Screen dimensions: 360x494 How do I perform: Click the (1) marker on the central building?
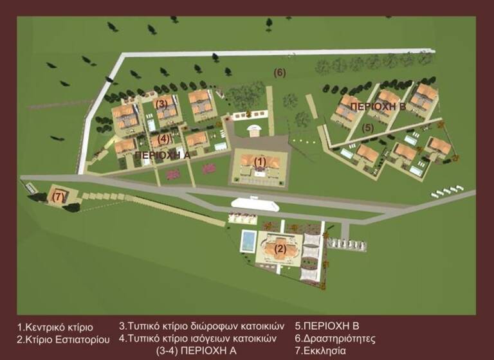[259, 161]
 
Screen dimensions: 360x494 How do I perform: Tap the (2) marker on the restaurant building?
[280, 248]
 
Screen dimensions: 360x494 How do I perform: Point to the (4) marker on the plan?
[163, 138]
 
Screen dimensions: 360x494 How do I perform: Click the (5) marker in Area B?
[367, 127]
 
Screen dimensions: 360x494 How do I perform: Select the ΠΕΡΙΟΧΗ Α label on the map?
[163, 155]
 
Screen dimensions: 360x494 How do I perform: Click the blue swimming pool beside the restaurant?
[247, 242]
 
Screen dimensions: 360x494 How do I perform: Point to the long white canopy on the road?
[257, 204]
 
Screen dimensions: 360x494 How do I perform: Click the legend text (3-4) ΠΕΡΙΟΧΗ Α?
[197, 350]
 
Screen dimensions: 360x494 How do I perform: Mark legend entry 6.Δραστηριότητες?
[335, 338]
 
